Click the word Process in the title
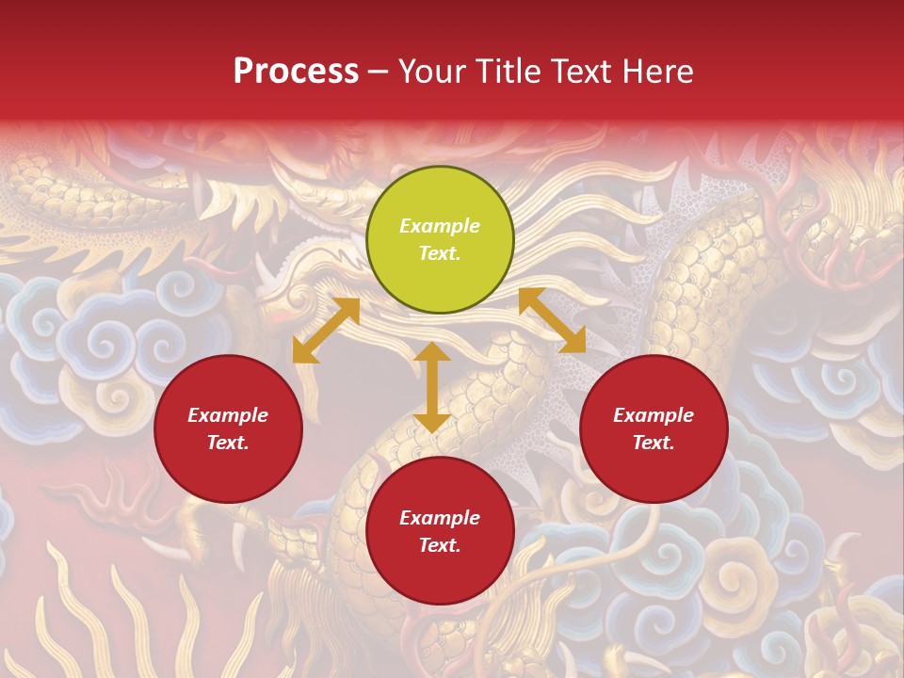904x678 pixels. click(x=296, y=72)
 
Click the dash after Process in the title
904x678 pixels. click(x=379, y=73)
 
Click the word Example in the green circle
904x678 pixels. click(x=440, y=226)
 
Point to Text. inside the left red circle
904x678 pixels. click(x=228, y=443)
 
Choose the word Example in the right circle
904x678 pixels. click(x=654, y=415)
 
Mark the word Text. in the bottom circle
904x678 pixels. click(x=440, y=545)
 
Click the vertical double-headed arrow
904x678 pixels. click(x=431, y=387)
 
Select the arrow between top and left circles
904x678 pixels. click(x=326, y=331)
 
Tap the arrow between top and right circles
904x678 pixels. click(x=552, y=320)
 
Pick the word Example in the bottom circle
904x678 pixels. click(x=440, y=518)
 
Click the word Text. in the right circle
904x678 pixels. click(x=654, y=443)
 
